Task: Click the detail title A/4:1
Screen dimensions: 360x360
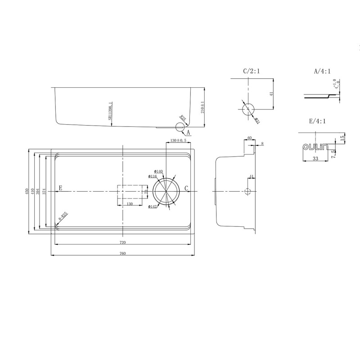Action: [x=323, y=71]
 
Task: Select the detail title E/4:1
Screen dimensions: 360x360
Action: [x=317, y=121]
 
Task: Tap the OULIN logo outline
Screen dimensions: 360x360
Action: [x=315, y=147]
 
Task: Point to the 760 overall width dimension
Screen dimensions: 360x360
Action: [x=122, y=253]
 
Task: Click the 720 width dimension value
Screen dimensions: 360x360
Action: [x=122, y=243]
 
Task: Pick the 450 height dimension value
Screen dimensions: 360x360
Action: [x=27, y=191]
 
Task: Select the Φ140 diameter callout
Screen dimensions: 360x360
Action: [x=158, y=171]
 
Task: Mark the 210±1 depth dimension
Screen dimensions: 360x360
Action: [x=203, y=107]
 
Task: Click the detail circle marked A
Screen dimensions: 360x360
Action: [x=180, y=128]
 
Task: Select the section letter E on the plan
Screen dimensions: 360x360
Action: [x=60, y=188]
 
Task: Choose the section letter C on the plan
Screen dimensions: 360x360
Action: [x=186, y=188]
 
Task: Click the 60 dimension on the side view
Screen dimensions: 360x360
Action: [x=249, y=138]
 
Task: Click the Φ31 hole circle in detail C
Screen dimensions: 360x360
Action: [x=248, y=109]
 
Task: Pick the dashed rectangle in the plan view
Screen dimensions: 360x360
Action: [x=133, y=195]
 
